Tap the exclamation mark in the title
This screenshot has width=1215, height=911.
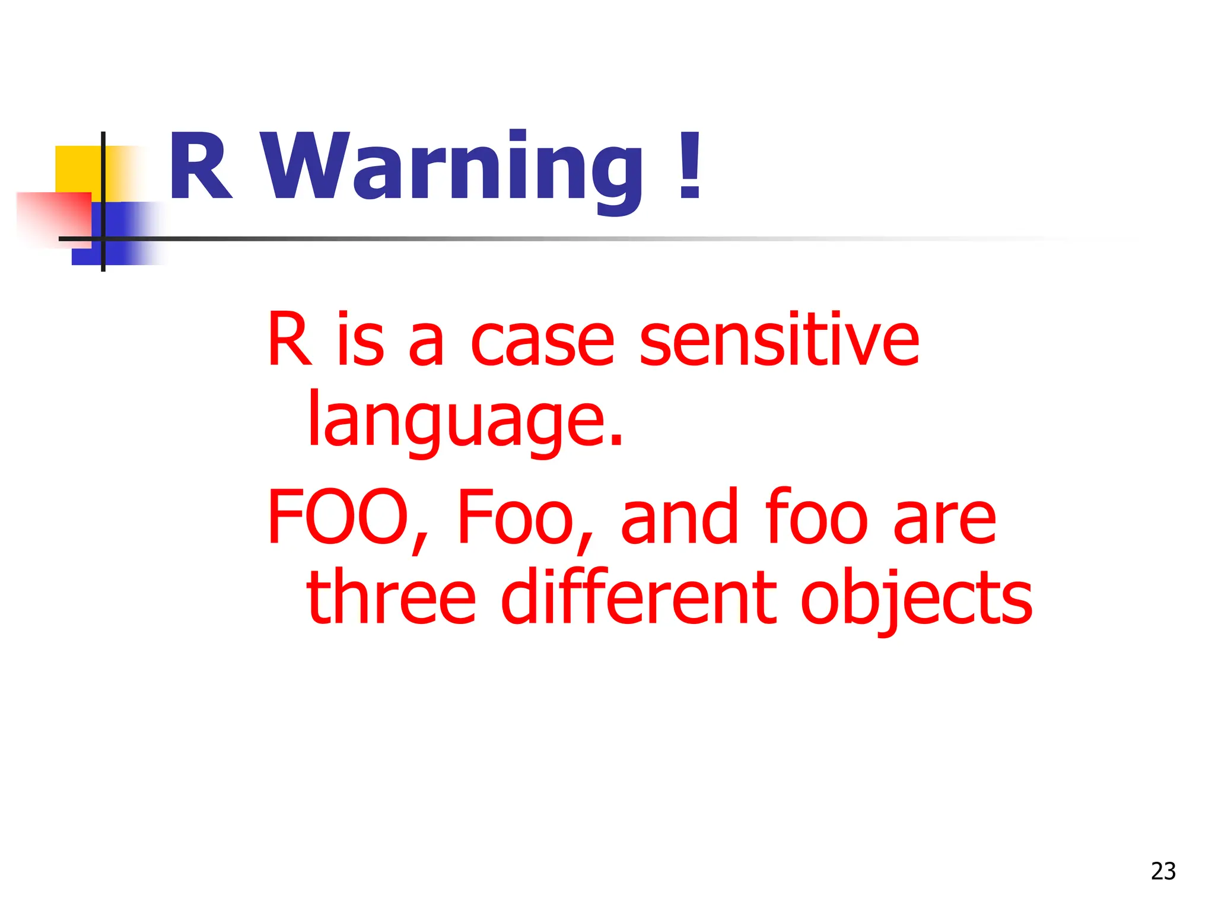coord(690,166)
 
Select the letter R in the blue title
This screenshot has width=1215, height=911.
coord(200,167)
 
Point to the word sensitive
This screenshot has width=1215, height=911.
coord(779,340)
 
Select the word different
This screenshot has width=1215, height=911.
coord(638,595)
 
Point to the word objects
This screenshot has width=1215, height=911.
coord(916,598)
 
